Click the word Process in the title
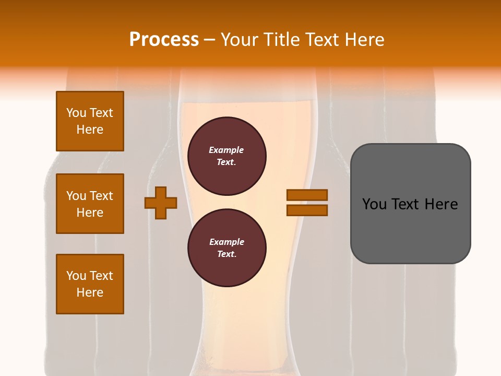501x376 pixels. [x=164, y=40]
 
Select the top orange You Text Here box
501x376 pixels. [x=90, y=121]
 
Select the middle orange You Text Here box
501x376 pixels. [x=90, y=204]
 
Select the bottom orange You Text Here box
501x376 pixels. [x=90, y=284]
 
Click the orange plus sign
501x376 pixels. [x=161, y=203]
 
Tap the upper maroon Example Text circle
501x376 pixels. [x=226, y=156]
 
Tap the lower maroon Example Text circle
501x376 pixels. [x=226, y=248]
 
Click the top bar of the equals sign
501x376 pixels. [x=307, y=195]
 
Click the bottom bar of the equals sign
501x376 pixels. [x=307, y=210]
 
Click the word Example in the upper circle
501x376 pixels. [x=226, y=150]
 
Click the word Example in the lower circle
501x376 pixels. [x=226, y=242]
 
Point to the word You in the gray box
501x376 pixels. [x=374, y=204]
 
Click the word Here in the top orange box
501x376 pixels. [x=90, y=130]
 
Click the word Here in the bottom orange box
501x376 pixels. [x=90, y=292]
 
